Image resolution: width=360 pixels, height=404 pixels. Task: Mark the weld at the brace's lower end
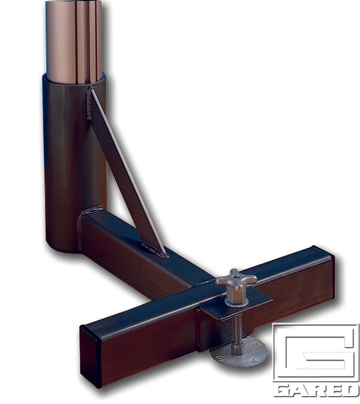tap(155, 248)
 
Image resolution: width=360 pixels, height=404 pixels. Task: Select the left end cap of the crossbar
tap(91, 354)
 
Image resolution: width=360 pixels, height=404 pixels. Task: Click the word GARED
tap(316, 390)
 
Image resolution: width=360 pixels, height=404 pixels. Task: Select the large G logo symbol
tap(316, 354)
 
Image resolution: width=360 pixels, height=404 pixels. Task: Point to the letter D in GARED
tap(350, 390)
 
